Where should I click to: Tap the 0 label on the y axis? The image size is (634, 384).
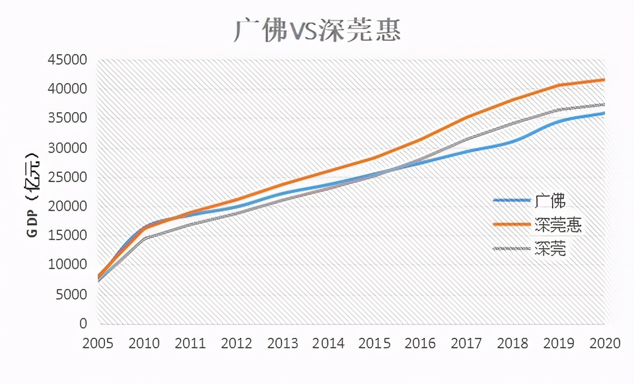(x=84, y=324)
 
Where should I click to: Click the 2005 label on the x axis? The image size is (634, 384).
(x=98, y=344)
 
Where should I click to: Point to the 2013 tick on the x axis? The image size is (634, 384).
(x=283, y=344)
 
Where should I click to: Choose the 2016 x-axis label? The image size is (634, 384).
(x=421, y=344)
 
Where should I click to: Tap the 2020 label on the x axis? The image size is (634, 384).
(x=604, y=344)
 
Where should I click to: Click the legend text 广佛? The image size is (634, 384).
(x=550, y=201)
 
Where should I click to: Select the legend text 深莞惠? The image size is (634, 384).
(x=557, y=225)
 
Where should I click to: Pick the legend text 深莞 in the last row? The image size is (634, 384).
(x=550, y=249)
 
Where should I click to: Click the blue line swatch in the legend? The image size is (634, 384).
(x=512, y=200)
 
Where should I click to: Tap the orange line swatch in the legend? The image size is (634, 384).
(x=512, y=224)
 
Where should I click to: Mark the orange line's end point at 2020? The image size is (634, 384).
(x=604, y=80)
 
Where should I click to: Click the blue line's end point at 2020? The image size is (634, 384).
(x=604, y=113)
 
